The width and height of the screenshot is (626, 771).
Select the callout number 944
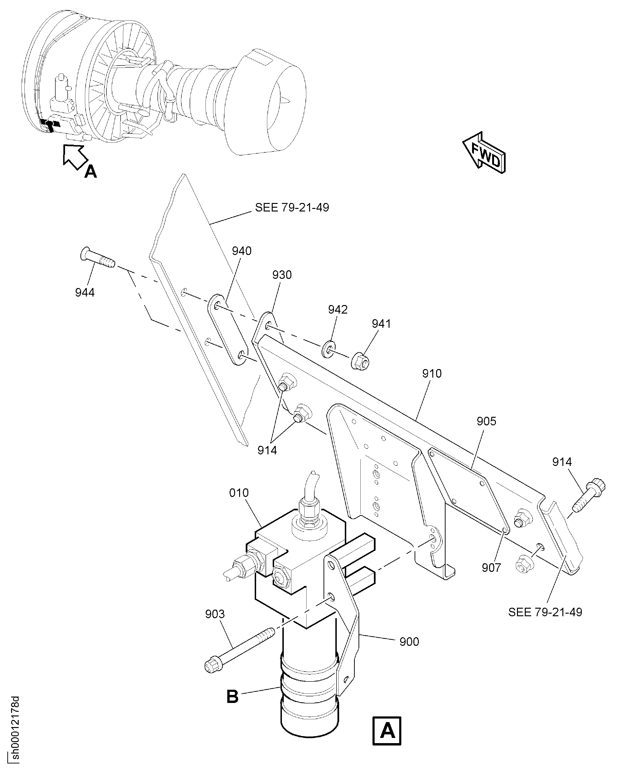click(85, 292)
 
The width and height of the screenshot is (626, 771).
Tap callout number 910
click(432, 374)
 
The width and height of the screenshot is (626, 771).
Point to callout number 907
click(491, 568)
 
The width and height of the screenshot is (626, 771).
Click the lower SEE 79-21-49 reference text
click(545, 612)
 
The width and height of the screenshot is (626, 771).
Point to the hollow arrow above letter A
click(75, 156)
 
